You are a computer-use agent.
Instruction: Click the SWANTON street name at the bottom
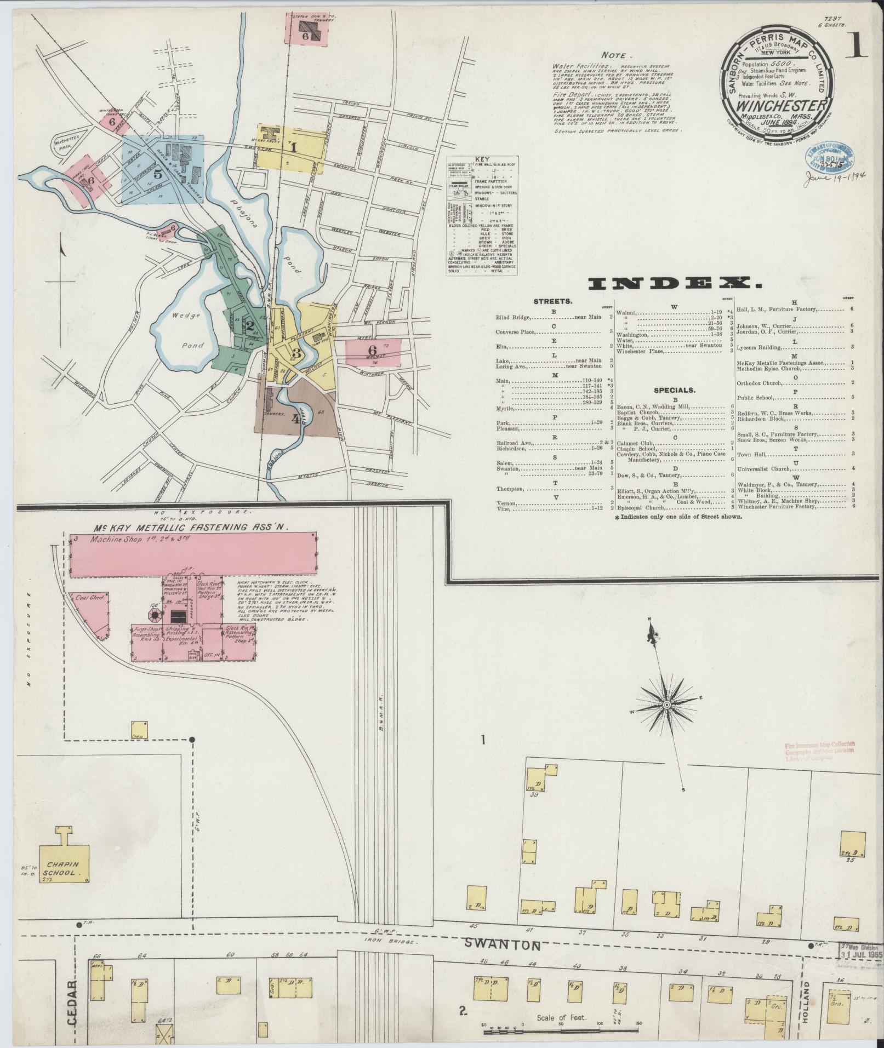pos(503,945)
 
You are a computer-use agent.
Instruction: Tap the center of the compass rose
pos(667,704)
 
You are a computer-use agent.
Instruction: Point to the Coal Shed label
pos(90,598)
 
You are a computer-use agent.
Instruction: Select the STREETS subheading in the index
pos(554,301)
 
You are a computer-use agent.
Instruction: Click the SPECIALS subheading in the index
pos(674,391)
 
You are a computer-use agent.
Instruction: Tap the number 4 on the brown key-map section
pos(296,420)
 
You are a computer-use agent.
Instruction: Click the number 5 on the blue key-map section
pos(158,175)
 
